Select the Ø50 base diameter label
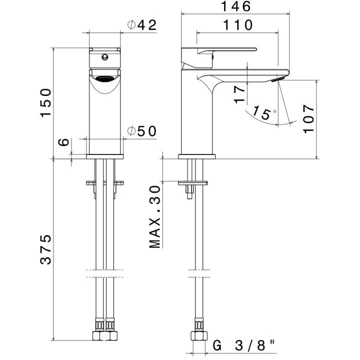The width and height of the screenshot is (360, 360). pos(142,131)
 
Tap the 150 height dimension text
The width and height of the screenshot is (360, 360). pos(46,102)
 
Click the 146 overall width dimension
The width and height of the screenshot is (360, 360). pos(234,6)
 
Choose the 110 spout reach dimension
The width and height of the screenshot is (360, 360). pos(237,24)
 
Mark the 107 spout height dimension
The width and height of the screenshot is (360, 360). pos(308,118)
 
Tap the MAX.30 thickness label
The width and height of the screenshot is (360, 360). pos(155,217)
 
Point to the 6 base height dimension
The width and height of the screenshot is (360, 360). pos(63,142)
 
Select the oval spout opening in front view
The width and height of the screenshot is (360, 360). pos(105,79)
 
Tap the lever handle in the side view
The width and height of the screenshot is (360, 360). pos(220,52)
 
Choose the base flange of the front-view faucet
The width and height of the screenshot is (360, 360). pos(105,156)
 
